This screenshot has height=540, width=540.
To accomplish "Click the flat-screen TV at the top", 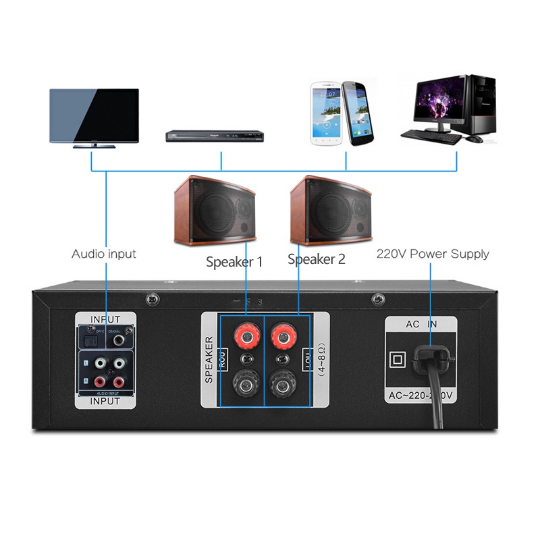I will pyautogui.click(x=94, y=116).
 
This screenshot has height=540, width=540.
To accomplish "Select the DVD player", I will pyautogui.click(x=215, y=136).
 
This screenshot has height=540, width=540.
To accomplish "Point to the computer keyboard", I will pyautogui.click(x=432, y=136).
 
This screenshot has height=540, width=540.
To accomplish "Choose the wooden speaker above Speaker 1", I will pyautogui.click(x=215, y=211).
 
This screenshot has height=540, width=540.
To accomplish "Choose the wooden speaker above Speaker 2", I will pyautogui.click(x=331, y=210).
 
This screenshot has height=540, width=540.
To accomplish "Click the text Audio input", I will pyautogui.click(x=104, y=254).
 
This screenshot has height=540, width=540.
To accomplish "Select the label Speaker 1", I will pyautogui.click(x=234, y=261).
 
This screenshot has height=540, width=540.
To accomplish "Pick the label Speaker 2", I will pyautogui.click(x=316, y=259).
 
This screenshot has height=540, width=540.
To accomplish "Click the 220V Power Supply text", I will pyautogui.click(x=432, y=254).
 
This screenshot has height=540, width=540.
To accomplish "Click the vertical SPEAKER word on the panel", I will pyautogui.click(x=209, y=360).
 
